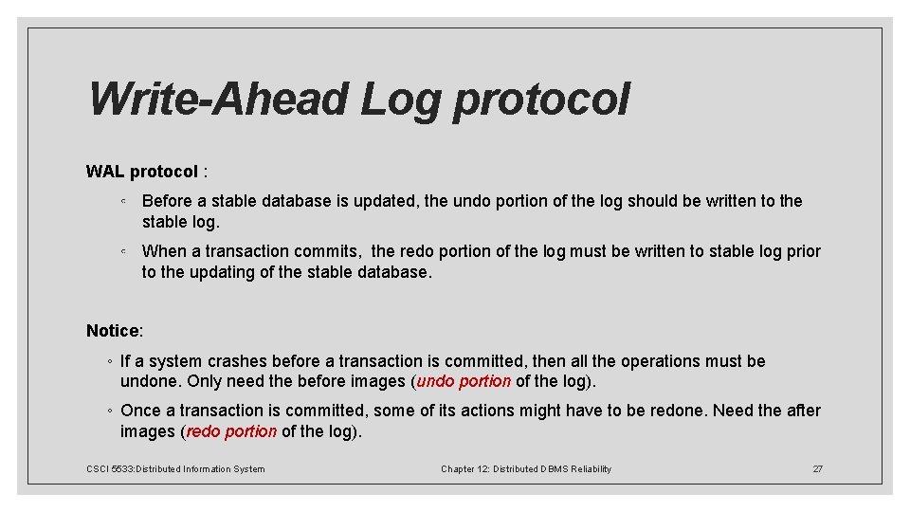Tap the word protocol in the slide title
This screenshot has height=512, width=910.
[540, 101]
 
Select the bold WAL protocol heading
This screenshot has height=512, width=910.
[142, 172]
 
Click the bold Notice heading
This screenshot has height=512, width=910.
[113, 331]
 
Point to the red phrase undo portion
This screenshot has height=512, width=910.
[464, 382]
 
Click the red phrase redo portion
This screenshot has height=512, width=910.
[231, 431]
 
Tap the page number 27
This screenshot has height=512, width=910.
[817, 469]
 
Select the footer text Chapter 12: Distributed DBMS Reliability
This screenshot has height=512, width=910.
[526, 469]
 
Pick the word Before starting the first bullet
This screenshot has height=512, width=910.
[167, 201]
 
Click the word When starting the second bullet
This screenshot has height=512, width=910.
[165, 251]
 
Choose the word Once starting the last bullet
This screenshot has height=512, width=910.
[140, 411]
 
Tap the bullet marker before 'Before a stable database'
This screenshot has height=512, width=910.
[124, 201]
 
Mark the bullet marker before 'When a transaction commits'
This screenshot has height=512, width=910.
[124, 251]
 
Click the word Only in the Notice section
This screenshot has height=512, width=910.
[205, 382]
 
